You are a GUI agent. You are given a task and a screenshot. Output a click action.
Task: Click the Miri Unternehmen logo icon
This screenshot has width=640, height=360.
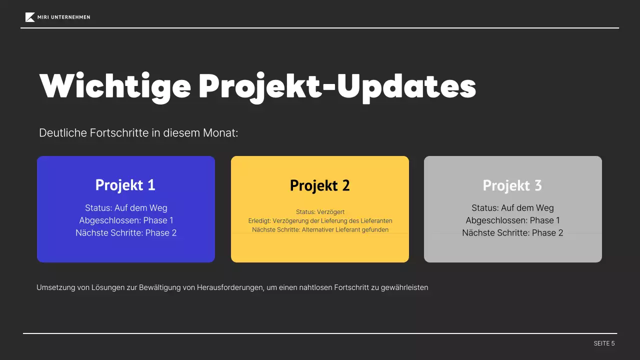(x=30, y=17)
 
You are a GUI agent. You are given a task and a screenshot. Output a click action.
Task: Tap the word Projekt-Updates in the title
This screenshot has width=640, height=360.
(x=337, y=86)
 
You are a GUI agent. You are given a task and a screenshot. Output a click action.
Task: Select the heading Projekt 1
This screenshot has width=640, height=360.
(x=125, y=185)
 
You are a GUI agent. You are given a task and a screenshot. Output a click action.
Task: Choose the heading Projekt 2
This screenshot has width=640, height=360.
(x=320, y=185)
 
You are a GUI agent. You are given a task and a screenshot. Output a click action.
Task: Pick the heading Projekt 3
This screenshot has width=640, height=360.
(x=512, y=185)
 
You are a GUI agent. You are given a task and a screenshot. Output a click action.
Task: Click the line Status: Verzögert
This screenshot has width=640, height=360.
(x=320, y=212)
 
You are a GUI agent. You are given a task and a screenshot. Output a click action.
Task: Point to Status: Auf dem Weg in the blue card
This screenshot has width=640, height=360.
(x=126, y=208)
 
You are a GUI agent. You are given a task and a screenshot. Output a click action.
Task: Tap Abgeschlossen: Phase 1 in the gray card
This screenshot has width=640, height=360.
(x=512, y=220)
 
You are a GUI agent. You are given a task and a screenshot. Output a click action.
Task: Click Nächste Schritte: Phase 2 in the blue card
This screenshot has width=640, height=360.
(x=126, y=233)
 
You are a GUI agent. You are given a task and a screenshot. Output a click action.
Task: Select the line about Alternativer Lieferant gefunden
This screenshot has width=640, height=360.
(x=320, y=230)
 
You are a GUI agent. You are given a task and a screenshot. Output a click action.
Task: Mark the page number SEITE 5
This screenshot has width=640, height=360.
(x=604, y=343)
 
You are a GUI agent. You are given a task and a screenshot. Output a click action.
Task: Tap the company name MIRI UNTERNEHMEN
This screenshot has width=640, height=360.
(x=63, y=17)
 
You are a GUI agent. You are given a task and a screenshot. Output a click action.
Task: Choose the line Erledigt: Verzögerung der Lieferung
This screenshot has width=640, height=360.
(x=320, y=221)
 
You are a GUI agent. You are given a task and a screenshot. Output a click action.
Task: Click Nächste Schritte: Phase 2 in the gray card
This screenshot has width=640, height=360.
(x=512, y=233)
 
